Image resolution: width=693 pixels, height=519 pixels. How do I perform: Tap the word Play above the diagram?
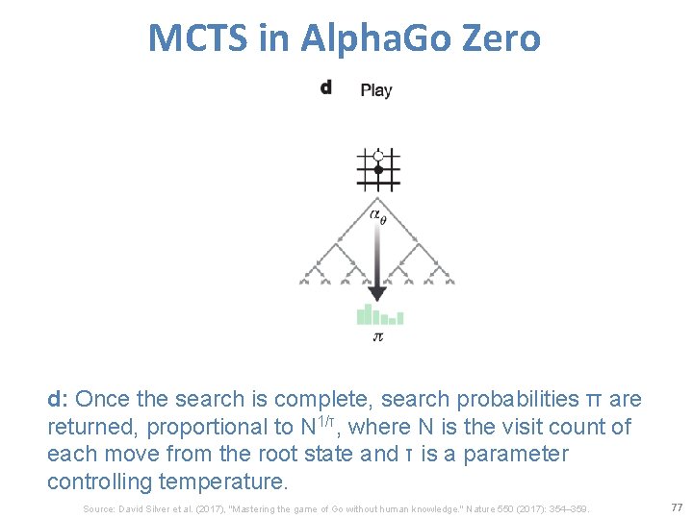coord(376,90)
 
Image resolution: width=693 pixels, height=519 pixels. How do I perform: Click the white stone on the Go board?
coord(378,155)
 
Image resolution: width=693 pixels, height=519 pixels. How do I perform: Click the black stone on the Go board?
coord(378,170)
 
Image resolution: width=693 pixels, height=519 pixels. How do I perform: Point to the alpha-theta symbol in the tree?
coord(378,216)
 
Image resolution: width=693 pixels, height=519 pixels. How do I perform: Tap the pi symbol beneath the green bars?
coord(378,337)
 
